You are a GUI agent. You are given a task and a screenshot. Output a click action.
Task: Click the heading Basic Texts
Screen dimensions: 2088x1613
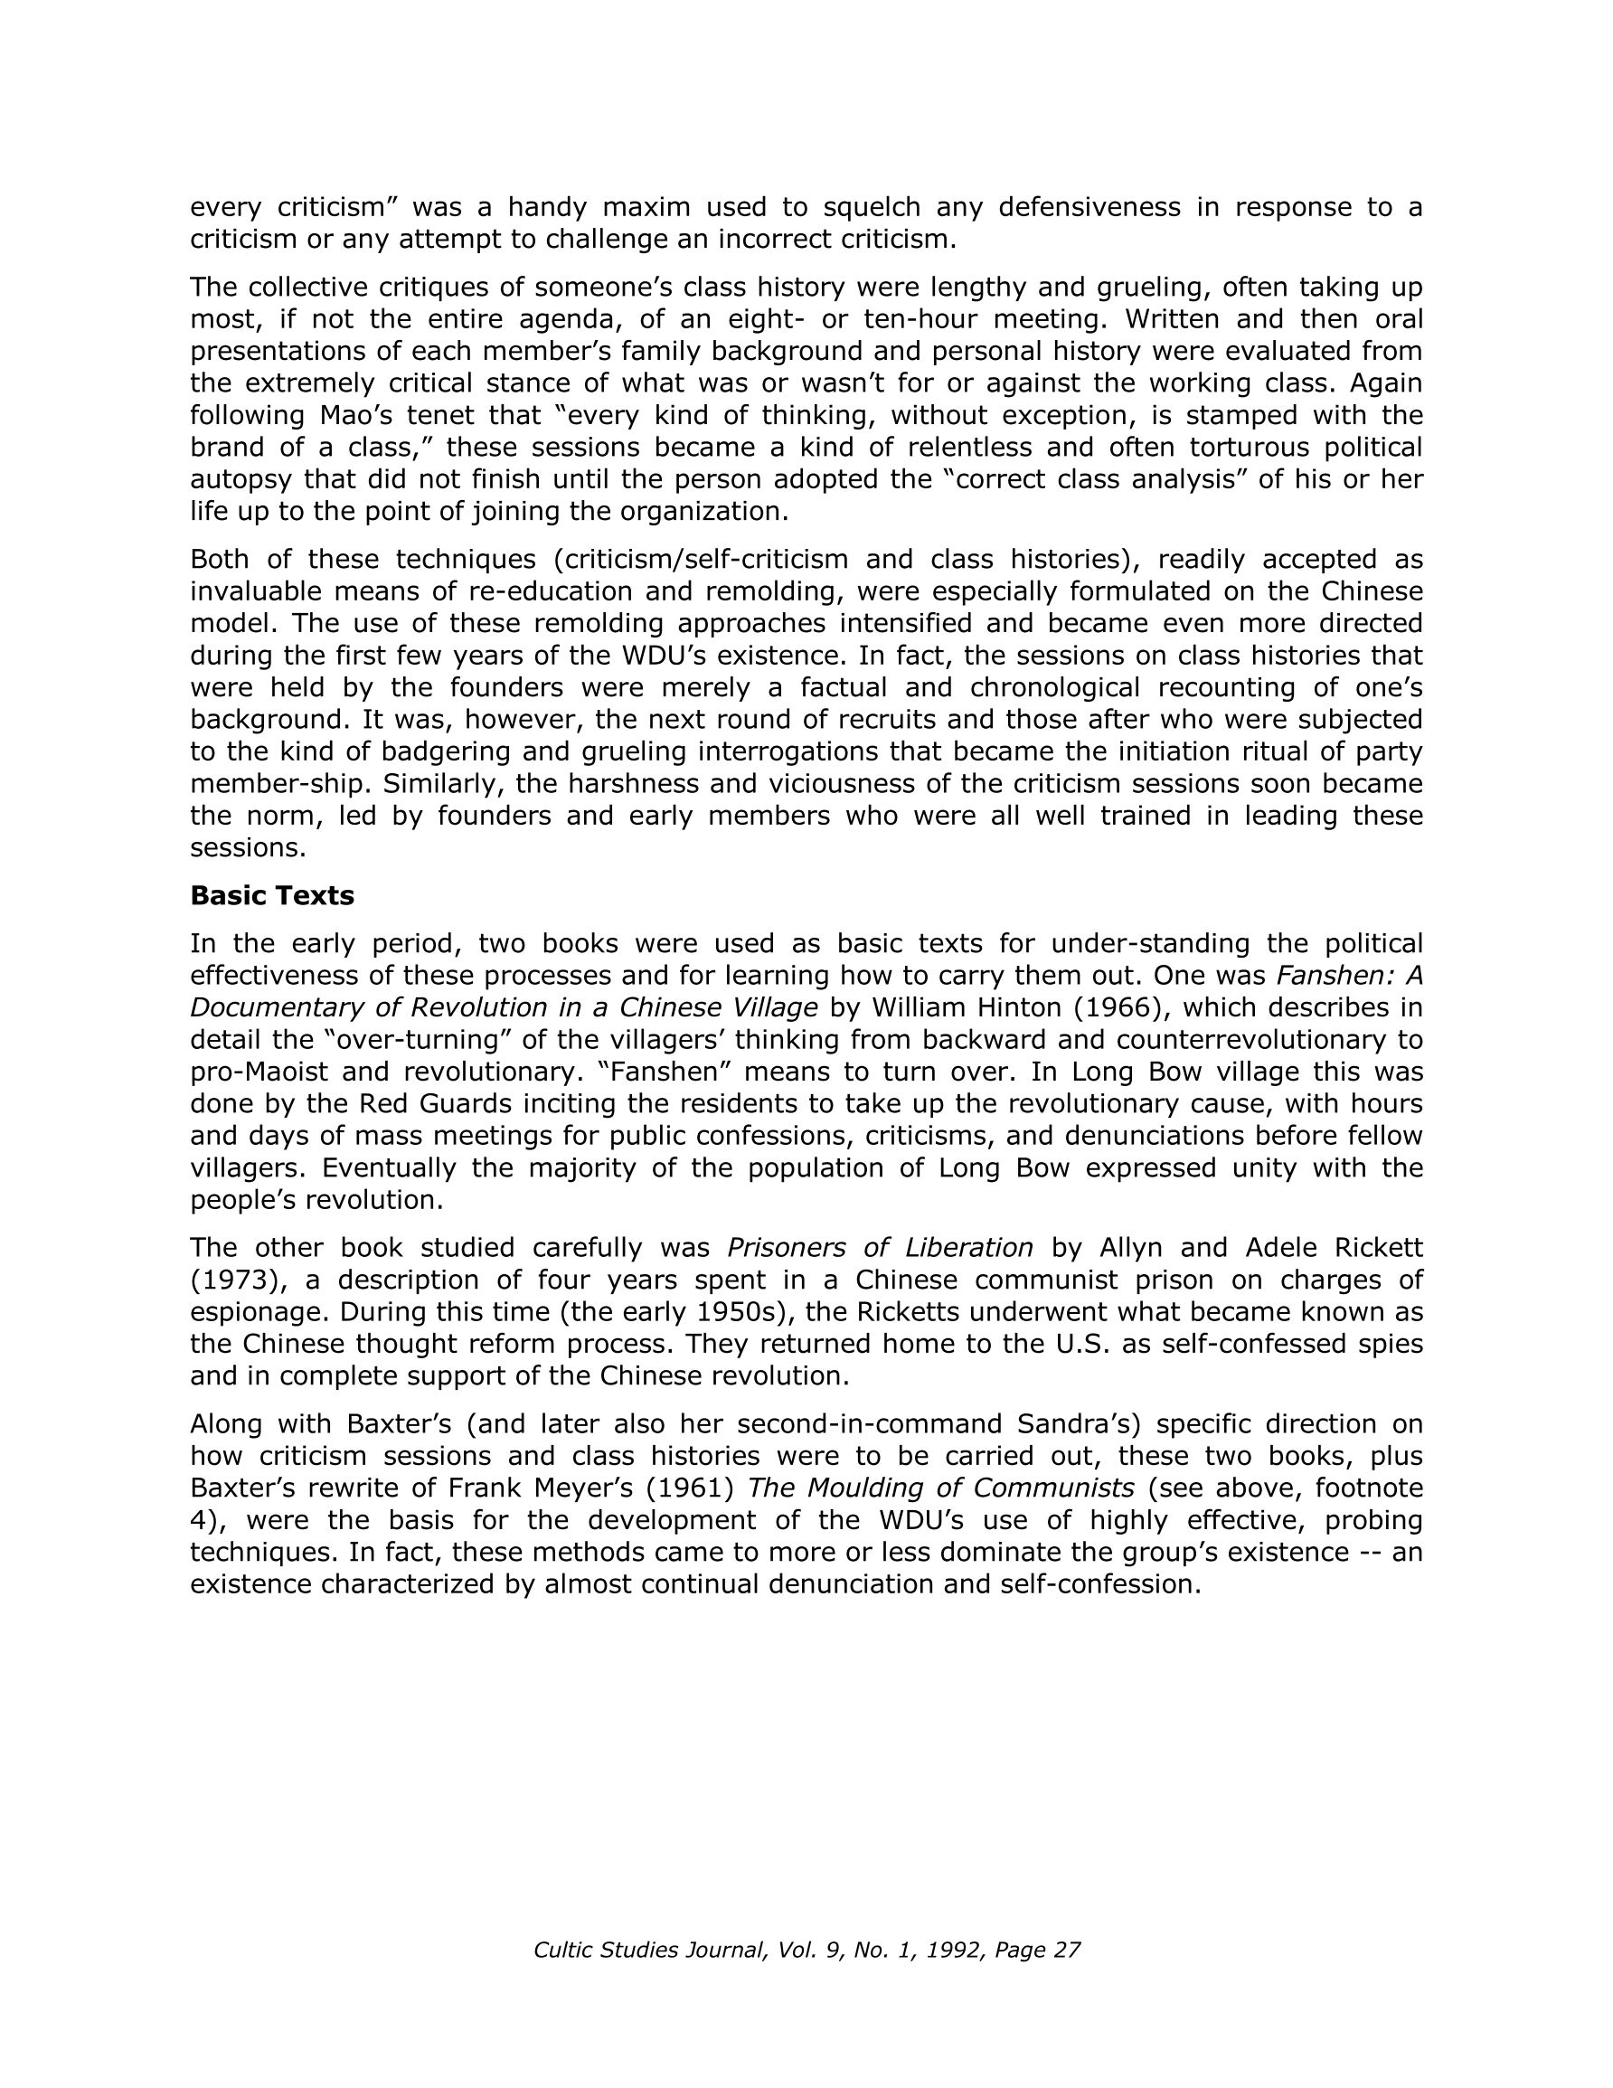[x=271, y=896]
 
